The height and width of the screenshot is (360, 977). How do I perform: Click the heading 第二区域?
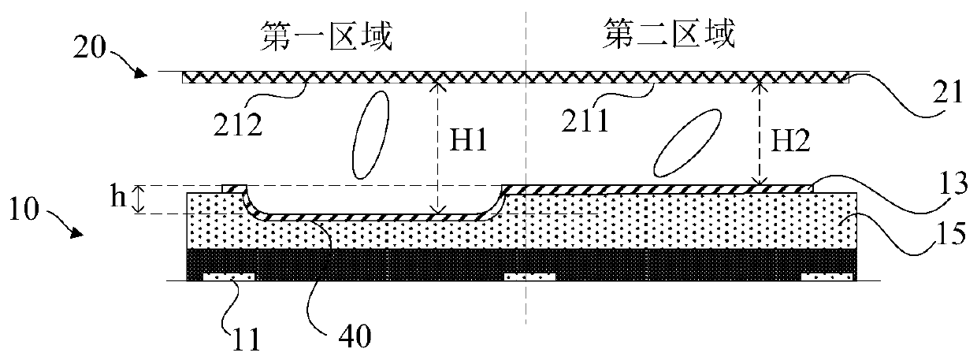668,35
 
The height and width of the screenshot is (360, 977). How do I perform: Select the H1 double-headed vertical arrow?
437,149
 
